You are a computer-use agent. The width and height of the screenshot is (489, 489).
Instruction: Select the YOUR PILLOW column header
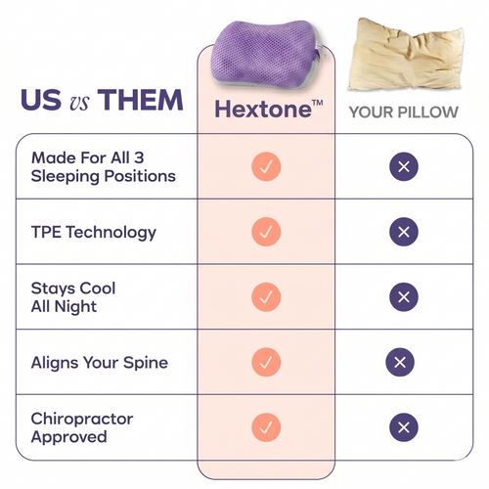404,111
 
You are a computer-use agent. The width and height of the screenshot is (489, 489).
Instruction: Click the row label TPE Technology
93,233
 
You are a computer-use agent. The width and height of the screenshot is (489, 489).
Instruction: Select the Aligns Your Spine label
99,363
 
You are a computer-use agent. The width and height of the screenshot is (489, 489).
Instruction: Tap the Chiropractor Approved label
82,427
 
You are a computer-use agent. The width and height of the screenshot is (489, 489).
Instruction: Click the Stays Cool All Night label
73,297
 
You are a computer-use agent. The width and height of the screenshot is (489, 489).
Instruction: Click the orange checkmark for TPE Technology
266,233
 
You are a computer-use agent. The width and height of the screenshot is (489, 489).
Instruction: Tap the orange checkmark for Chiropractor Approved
266,427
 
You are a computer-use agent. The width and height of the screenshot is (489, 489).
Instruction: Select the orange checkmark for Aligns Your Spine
266,363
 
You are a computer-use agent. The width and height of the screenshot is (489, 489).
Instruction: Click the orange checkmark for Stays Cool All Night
266,297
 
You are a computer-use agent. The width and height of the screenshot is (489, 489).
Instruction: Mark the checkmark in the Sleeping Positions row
266,167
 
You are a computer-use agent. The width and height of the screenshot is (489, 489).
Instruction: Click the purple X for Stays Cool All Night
403,297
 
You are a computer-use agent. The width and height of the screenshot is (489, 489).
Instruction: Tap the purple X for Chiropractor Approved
403,427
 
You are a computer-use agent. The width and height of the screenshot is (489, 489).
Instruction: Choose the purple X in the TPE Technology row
403,233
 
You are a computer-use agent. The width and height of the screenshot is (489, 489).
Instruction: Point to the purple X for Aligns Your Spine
399,363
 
